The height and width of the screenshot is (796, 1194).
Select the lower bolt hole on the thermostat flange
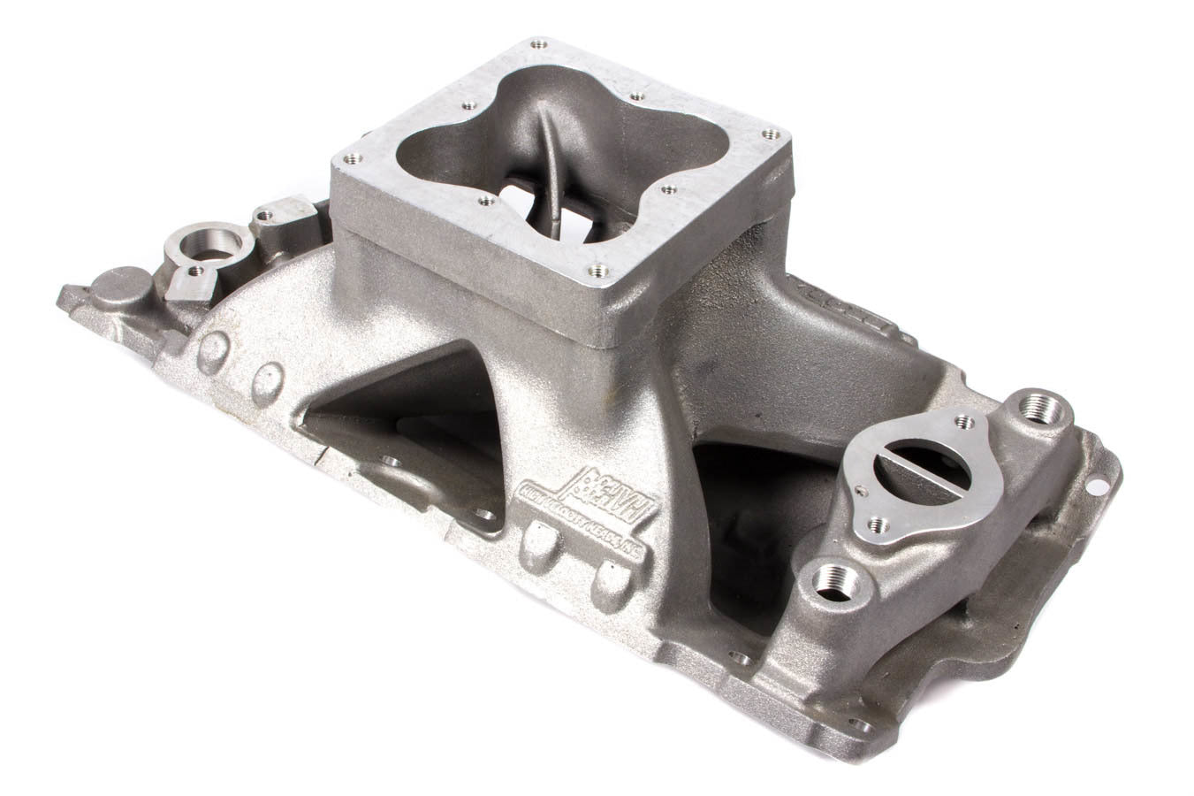[x=873, y=524]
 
